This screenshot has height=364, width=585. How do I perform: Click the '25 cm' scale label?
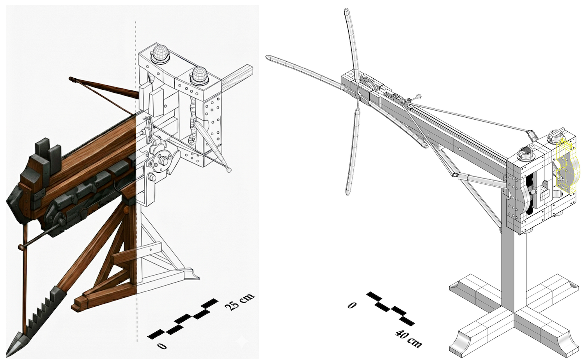point(239,301)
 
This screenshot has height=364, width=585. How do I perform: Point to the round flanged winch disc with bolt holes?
point(161,161)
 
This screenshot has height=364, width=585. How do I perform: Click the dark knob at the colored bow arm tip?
point(71,79)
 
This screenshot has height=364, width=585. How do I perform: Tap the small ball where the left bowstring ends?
point(229,170)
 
